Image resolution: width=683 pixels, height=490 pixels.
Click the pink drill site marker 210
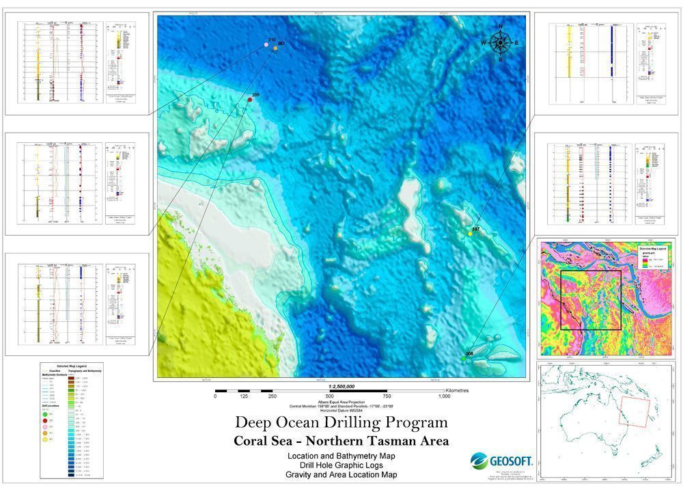[x=266, y=45]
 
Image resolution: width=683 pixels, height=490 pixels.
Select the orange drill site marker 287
[x=276, y=49]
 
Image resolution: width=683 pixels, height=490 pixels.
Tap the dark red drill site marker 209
[x=250, y=100]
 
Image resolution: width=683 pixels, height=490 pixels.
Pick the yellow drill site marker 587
[x=470, y=234]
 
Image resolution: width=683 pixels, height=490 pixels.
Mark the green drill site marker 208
[x=464, y=359]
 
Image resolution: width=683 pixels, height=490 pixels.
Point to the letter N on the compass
[x=501, y=27]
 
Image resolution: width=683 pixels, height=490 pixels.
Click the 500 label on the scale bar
[x=329, y=396]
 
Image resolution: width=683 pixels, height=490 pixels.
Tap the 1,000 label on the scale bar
[x=444, y=396]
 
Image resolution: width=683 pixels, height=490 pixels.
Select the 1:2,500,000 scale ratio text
[x=341, y=386]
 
